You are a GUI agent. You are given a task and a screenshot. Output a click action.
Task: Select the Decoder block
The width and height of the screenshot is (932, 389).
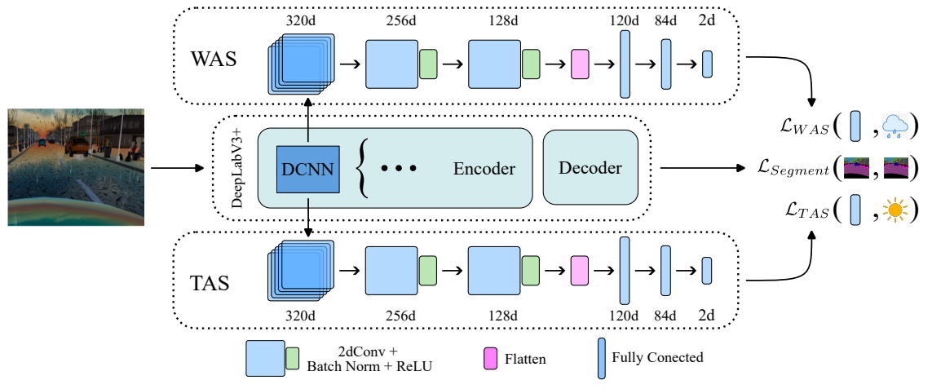(590, 168)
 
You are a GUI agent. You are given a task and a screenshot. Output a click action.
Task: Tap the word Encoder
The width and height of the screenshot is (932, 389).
(484, 169)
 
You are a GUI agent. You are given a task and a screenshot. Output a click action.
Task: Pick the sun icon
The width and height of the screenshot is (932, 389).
(895, 210)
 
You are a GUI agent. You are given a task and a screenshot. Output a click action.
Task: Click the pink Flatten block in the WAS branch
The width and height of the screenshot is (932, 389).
(579, 63)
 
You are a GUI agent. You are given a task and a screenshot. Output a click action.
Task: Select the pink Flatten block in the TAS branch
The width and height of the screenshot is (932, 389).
(579, 269)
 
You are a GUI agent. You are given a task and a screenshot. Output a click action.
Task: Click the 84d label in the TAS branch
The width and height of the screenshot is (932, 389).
(665, 316)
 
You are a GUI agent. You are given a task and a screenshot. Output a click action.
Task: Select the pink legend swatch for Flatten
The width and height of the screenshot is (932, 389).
(490, 357)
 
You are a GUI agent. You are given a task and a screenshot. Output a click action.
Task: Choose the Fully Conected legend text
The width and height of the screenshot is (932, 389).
(657, 357)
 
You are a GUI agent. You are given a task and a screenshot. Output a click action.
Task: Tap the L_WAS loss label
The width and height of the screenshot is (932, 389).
(802, 126)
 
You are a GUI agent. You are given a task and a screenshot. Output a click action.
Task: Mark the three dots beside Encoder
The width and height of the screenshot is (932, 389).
(400, 169)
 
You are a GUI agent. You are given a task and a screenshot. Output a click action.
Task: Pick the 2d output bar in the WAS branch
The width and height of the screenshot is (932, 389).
(707, 64)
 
